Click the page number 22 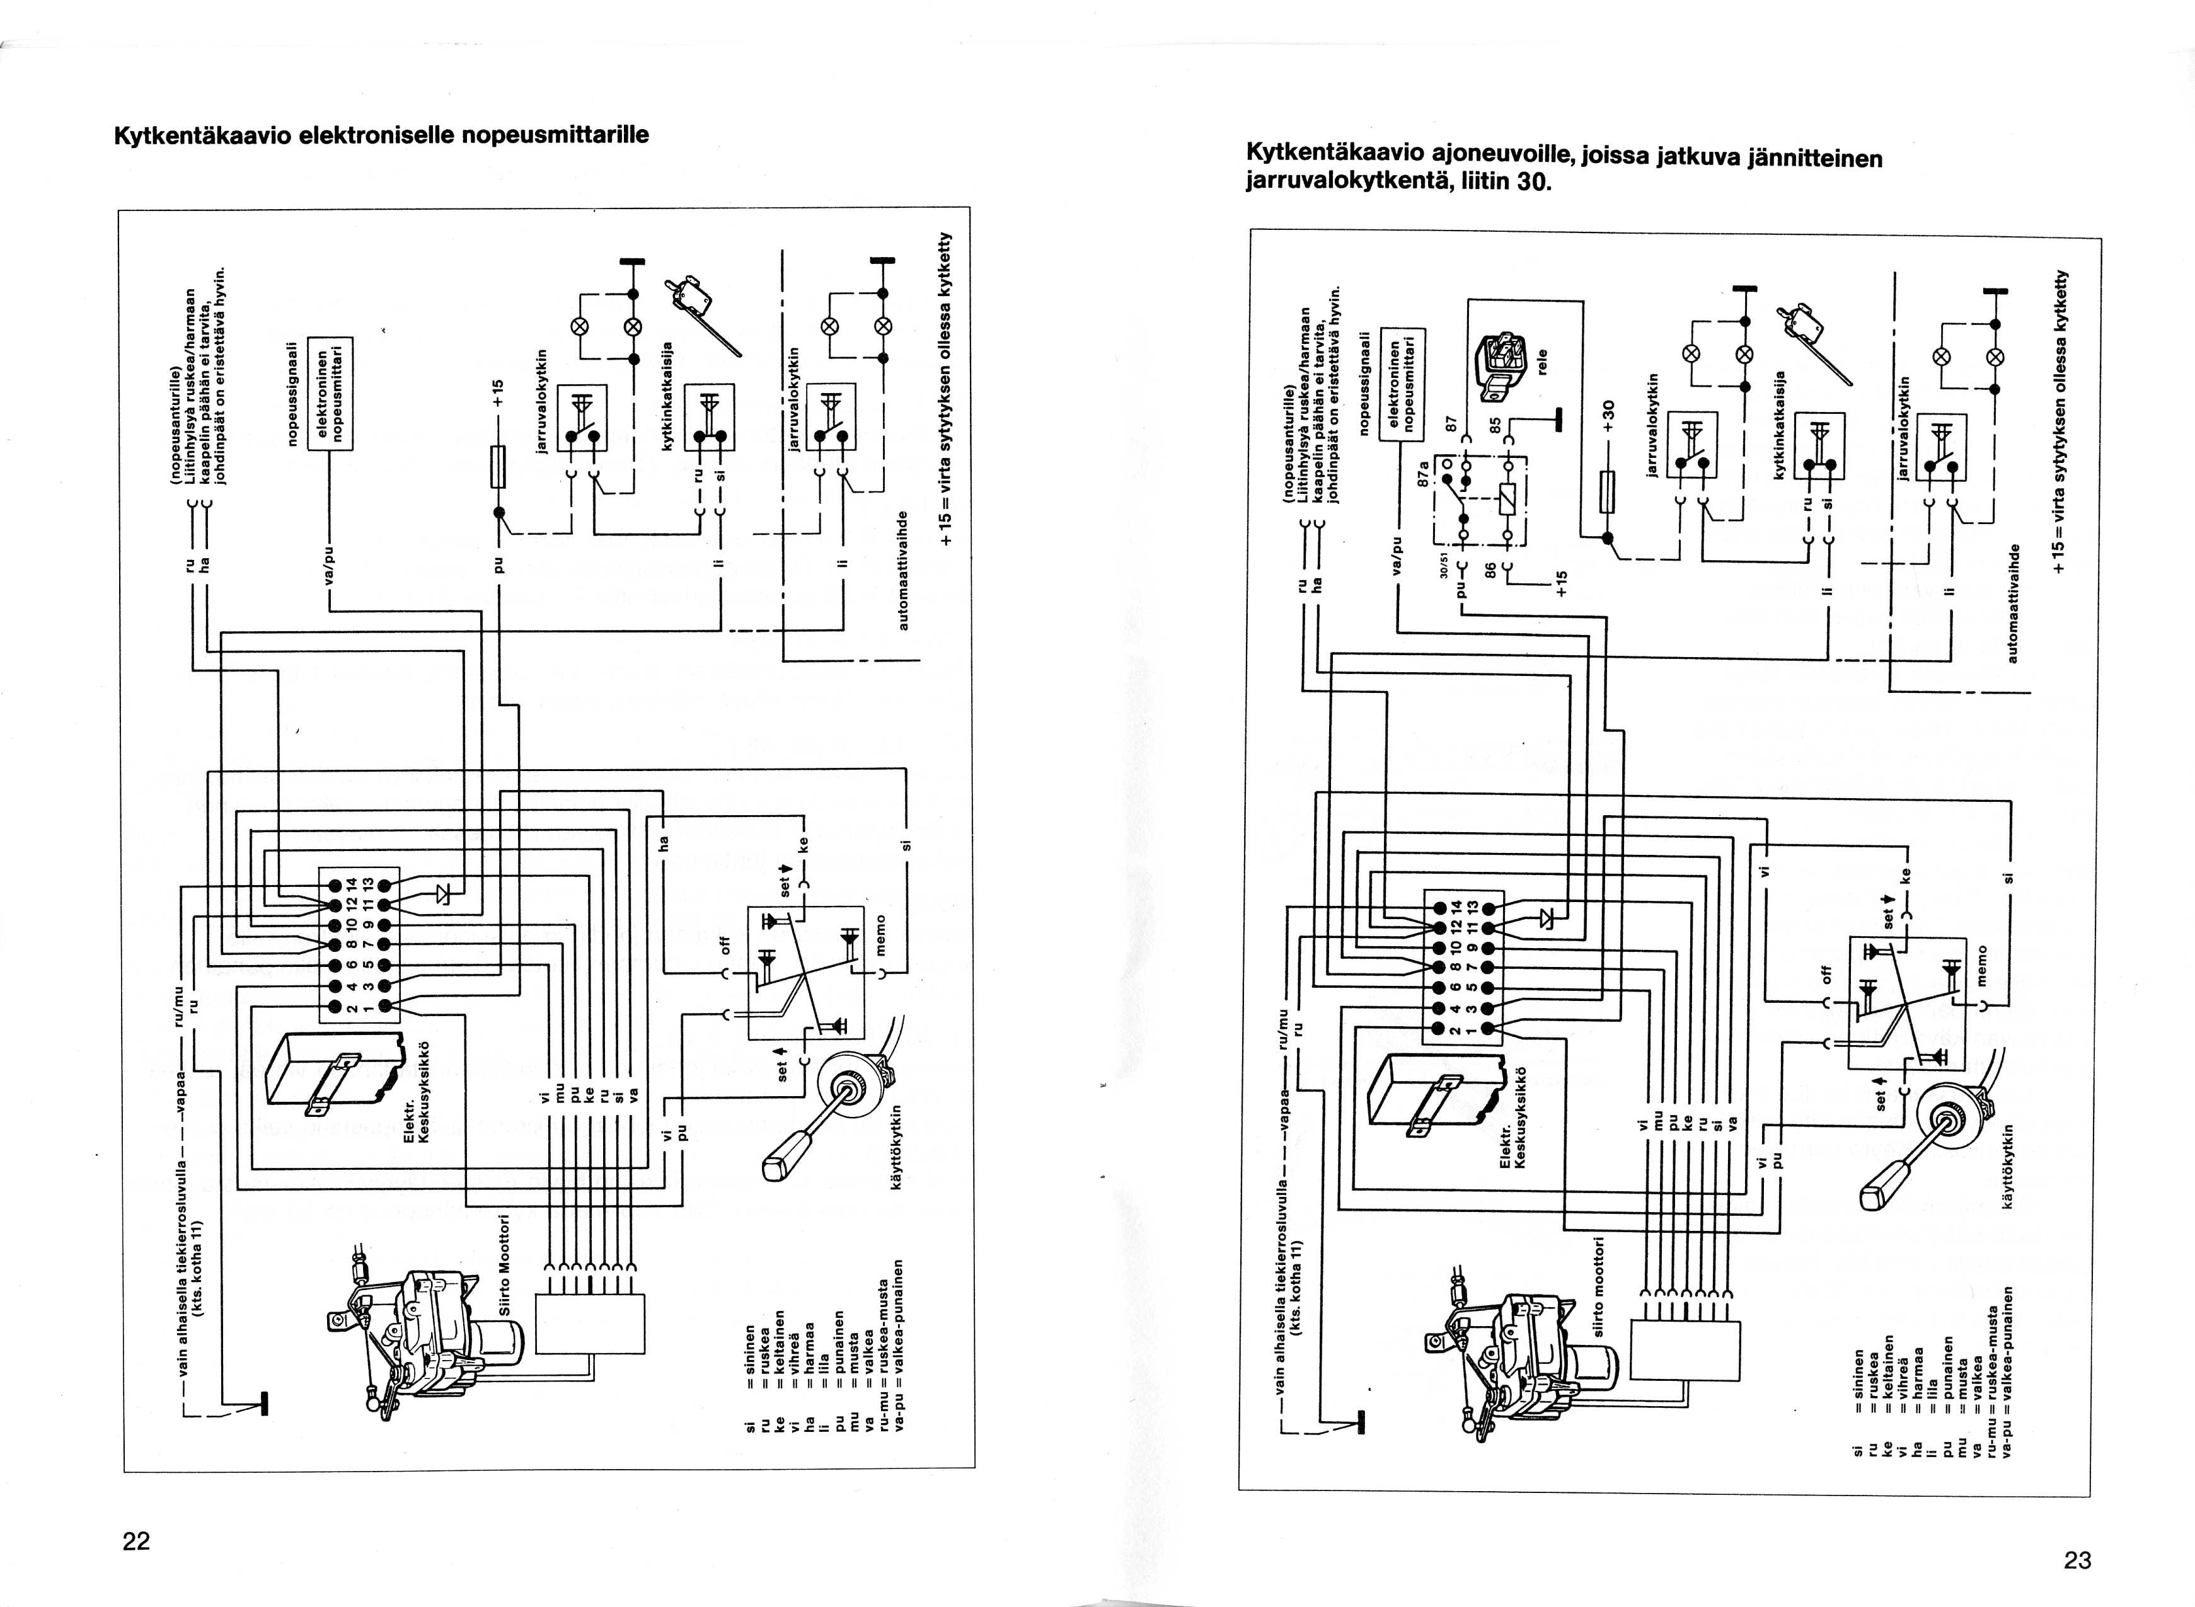136,1541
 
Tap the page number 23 2077,1560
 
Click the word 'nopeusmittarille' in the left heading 555,134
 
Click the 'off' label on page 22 724,944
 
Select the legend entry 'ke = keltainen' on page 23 1887,1397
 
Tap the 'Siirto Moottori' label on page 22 504,1264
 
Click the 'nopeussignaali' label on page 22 289,394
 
